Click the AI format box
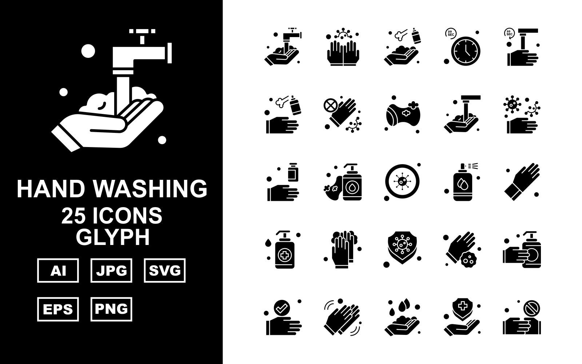[x=58, y=270]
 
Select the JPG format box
[x=111, y=270]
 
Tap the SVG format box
[x=165, y=270]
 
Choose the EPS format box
[x=58, y=309]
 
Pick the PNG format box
[x=111, y=309]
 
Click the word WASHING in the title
[x=151, y=189]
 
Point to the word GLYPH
[x=113, y=237]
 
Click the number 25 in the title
[x=73, y=216]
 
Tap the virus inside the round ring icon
[x=402, y=181]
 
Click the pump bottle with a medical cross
[x=284, y=250]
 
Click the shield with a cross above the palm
[x=462, y=308]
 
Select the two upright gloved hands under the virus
[x=343, y=53]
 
